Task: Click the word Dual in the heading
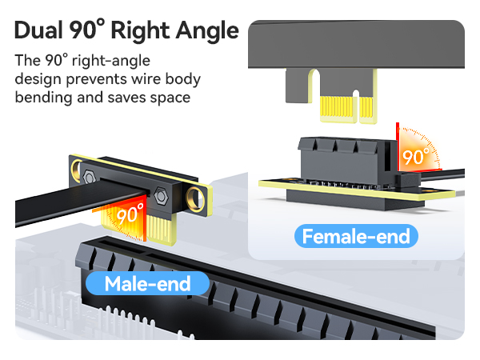38,30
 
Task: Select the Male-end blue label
147,283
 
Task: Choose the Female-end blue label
356,236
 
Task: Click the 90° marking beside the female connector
416,157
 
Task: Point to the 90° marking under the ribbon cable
130,213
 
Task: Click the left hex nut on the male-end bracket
89,176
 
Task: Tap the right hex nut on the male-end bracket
161,195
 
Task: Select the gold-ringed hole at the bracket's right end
195,199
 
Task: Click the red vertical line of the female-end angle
398,146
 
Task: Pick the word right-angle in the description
111,61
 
